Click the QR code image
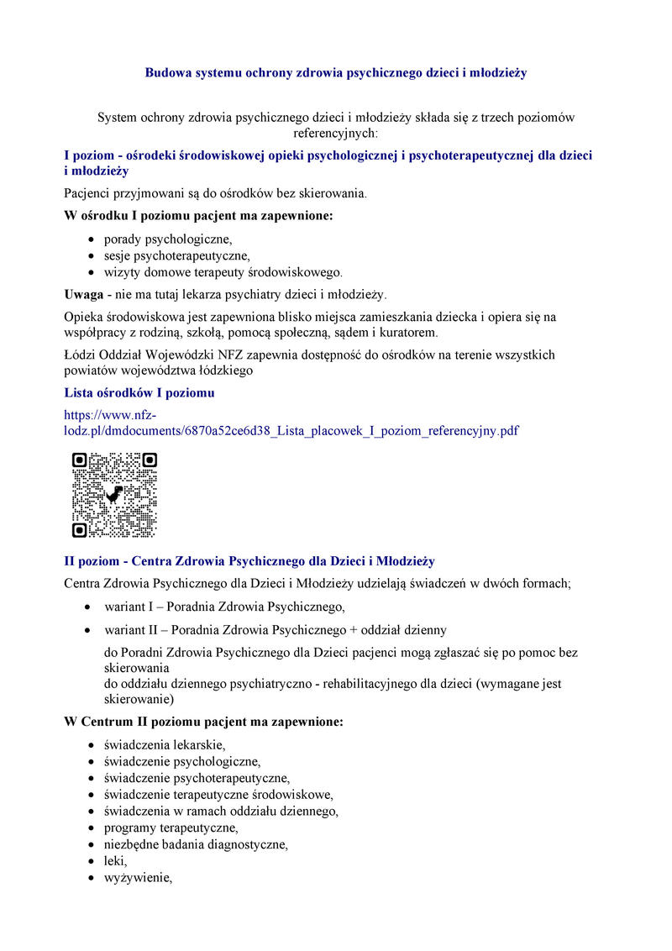pos(114,495)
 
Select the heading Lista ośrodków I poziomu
pos(139,392)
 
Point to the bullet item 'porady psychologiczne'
pos(168,239)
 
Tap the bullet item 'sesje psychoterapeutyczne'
pos(177,255)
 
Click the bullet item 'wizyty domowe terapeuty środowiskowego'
pos(223,272)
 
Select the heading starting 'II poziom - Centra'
pos(249,560)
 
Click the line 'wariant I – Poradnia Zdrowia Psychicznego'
pos(224,606)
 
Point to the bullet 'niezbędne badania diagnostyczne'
pos(196,844)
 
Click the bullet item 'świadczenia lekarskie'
pos(165,744)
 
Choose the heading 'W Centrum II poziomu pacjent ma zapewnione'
pos(203,722)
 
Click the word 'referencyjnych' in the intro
pos(335,133)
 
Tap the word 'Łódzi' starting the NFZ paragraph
pos(81,355)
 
